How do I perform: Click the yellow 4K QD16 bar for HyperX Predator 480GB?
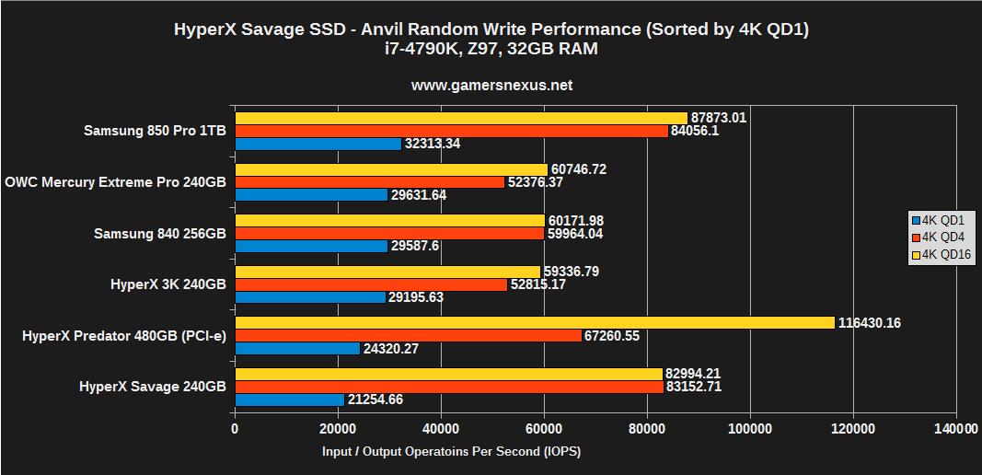click(535, 322)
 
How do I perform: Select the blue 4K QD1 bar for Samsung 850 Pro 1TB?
click(318, 144)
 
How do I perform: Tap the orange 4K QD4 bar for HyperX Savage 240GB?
click(449, 387)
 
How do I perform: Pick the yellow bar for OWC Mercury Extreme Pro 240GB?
click(391, 169)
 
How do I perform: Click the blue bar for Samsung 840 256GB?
click(311, 246)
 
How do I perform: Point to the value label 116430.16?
click(870, 323)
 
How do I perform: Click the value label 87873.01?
click(719, 118)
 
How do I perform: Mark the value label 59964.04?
click(576, 234)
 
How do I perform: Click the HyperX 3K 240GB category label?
click(168, 284)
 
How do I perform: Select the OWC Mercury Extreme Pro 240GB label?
click(115, 182)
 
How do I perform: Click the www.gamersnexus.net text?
click(491, 86)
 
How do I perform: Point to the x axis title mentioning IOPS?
click(451, 452)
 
